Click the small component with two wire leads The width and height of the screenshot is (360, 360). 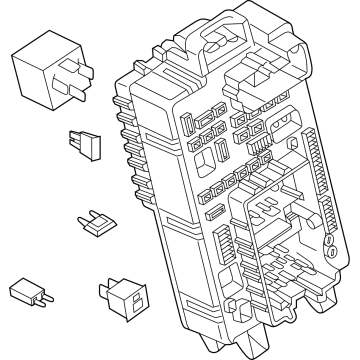pos(29,293)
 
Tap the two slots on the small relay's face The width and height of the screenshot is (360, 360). pos(133,297)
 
